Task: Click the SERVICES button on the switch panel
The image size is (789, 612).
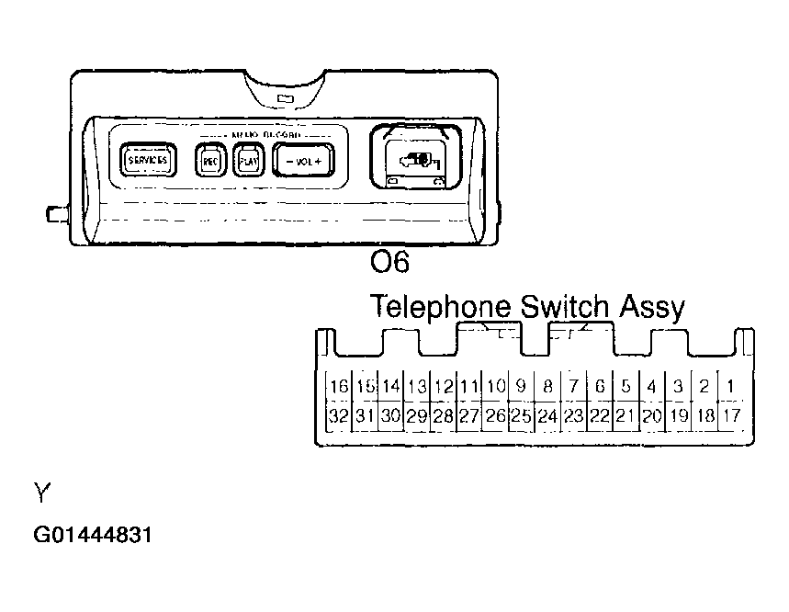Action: (147, 160)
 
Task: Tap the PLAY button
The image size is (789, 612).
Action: (246, 161)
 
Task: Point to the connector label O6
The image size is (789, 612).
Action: (389, 263)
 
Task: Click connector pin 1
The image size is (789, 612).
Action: (730, 386)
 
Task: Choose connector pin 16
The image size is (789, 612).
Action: (339, 386)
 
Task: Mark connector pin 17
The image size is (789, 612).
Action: (730, 415)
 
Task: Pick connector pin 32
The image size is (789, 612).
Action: (339, 415)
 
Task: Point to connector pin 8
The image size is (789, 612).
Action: (547, 386)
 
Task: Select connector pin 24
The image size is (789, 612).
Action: (547, 415)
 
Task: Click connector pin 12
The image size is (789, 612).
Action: (444, 386)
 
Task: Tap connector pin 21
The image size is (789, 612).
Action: (626, 415)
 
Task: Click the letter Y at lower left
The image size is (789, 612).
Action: (40, 495)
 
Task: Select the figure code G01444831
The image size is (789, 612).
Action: (92, 534)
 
